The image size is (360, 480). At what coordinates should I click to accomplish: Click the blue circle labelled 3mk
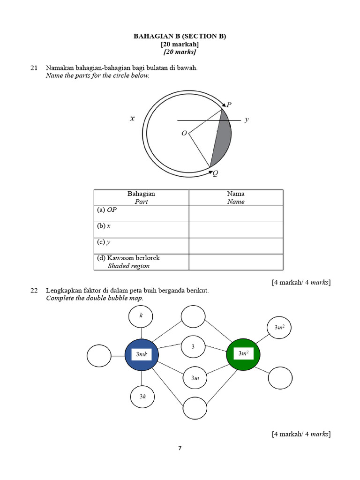coord(142,355)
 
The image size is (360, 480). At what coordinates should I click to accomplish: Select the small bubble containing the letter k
coord(141,316)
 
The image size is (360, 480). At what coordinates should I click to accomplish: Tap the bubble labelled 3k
coord(142,397)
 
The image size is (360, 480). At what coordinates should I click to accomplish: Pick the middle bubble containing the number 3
coord(193,347)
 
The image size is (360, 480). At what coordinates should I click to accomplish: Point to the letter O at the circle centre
coord(184,134)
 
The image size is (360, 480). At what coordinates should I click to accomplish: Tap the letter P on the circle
coord(229,104)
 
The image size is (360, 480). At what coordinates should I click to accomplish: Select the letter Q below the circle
coord(215,173)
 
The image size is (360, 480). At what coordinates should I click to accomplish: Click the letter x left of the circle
coord(132,119)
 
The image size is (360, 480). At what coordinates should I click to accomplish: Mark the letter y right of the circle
coord(247,120)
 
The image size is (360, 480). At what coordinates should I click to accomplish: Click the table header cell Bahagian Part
coord(141,197)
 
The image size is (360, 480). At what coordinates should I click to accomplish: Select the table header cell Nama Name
coord(236,197)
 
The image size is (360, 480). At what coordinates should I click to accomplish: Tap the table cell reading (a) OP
coord(141,214)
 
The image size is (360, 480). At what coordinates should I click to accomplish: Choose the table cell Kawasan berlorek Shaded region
coord(141,262)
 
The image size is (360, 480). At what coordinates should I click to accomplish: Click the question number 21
coord(34,68)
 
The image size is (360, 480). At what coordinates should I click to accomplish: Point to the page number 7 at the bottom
coord(180,448)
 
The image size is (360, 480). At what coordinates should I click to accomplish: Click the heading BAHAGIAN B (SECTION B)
coord(180,36)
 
